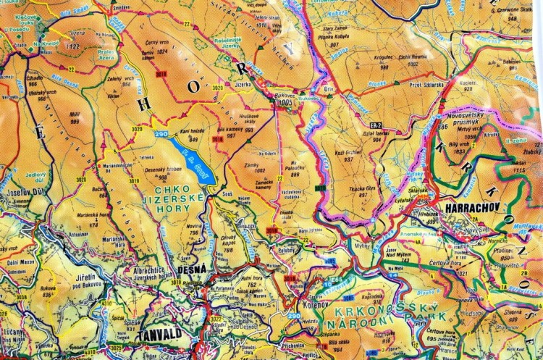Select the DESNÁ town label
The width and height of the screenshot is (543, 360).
click(193, 269)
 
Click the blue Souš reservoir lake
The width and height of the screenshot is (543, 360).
click(191, 160)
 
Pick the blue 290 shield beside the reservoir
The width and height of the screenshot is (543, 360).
click(161, 135)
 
